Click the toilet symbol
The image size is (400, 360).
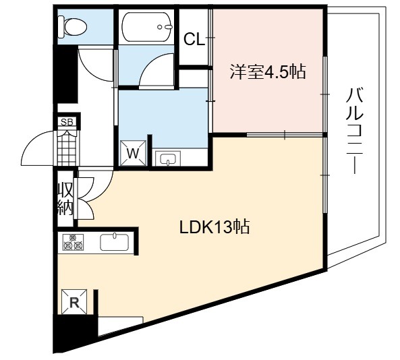[72, 26]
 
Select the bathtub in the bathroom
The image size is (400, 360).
[146, 27]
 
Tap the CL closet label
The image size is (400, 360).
[194, 40]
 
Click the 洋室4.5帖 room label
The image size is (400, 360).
[268, 72]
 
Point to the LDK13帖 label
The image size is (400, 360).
[215, 227]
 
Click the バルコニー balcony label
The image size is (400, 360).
[355, 131]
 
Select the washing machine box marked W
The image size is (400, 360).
[133, 153]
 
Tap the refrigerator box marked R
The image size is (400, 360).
[74, 302]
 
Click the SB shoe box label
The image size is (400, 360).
[67, 122]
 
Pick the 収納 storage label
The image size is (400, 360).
[65, 199]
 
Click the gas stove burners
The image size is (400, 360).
[73, 242]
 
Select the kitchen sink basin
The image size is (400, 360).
[115, 242]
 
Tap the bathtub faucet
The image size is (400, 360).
[165, 27]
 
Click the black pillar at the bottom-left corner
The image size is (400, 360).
[76, 332]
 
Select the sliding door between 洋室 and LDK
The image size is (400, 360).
[285, 134]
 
